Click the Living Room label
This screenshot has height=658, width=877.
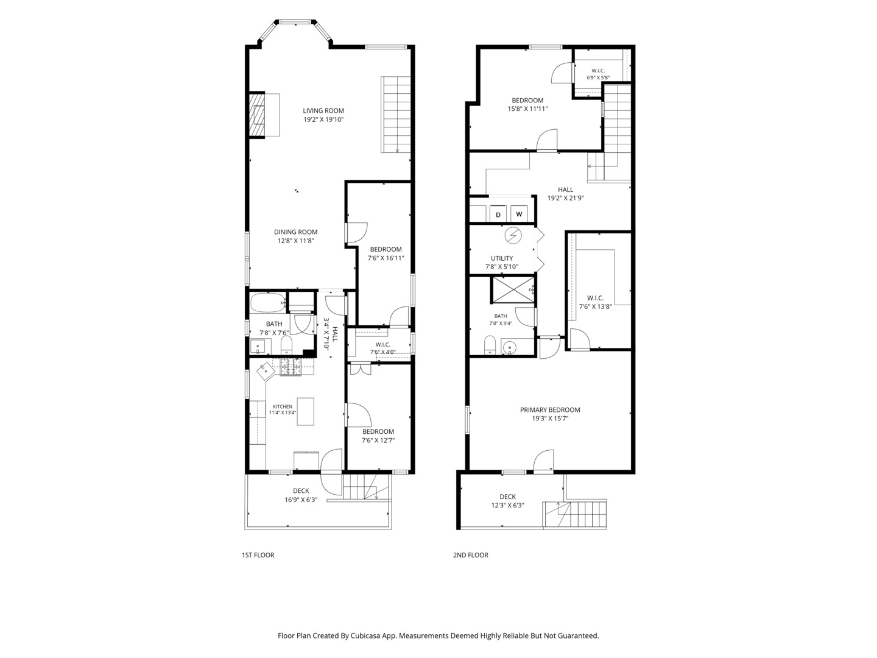[x=323, y=111]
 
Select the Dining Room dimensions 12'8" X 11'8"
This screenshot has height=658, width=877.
[x=295, y=241]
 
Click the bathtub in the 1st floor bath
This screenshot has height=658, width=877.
[x=268, y=303]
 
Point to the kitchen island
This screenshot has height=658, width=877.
[x=305, y=411]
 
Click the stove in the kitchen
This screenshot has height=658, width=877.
[x=291, y=367]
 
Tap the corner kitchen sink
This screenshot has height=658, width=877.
[x=266, y=372]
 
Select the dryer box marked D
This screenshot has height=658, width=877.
[x=498, y=214]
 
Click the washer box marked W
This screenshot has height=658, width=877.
[x=519, y=214]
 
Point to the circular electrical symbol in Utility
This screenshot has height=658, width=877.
[x=513, y=235]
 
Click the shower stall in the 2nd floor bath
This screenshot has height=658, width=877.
[x=513, y=289]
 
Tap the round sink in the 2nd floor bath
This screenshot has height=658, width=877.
[x=509, y=347]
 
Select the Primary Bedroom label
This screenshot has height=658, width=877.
[x=550, y=409]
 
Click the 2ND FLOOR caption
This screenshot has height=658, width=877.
[x=470, y=555]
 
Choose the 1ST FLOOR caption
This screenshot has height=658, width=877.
[x=258, y=555]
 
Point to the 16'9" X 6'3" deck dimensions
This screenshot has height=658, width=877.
[x=301, y=500]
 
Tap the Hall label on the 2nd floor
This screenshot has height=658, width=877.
[x=565, y=189]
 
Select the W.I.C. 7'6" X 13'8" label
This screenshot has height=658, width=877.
[x=595, y=302]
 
